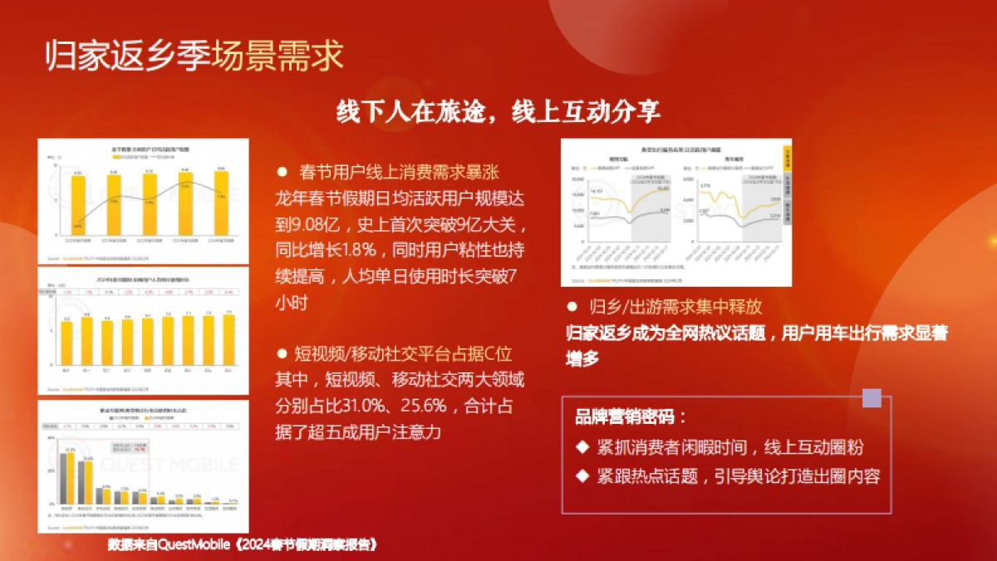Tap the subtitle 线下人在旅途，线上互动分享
pos(498,112)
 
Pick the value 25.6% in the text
pos(452,406)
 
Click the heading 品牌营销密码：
pos(631,417)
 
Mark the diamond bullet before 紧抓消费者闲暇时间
pos(582,447)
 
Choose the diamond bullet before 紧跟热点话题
pos(582,477)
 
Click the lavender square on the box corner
pos(872,398)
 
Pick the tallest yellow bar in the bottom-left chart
pos(71,478)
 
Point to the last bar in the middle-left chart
pos(228,342)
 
